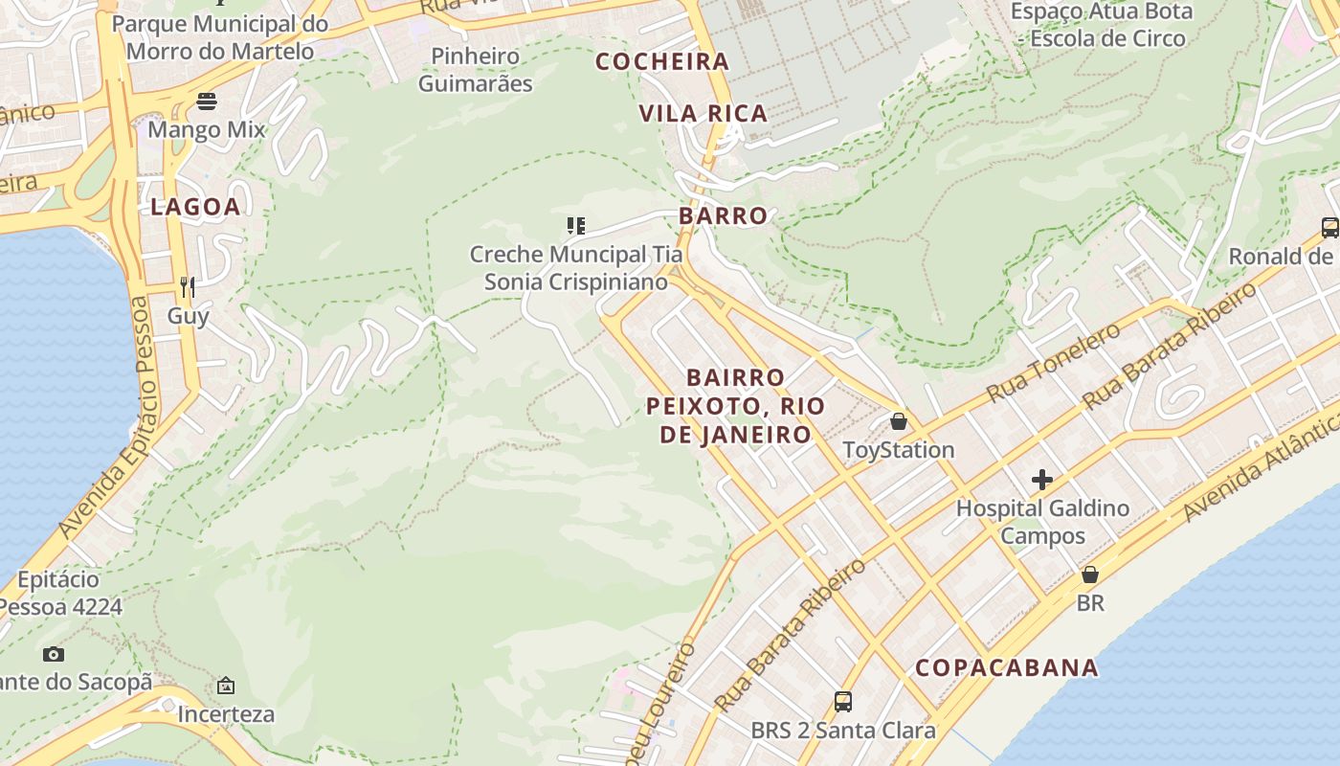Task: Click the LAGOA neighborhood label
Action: (195, 207)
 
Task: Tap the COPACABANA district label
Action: (1006, 667)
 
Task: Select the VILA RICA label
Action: (703, 113)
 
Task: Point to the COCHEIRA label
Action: (662, 61)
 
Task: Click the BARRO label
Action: (723, 215)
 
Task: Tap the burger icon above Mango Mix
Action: (207, 101)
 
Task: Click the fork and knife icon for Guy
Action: (188, 286)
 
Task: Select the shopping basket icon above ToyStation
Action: (898, 421)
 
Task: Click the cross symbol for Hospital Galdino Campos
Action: (1042, 480)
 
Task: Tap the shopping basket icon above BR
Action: (1089, 574)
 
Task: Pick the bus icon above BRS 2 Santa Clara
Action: (842, 702)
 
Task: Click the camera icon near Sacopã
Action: (54, 654)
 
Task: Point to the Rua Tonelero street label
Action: (1053, 362)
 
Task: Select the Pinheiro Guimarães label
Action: (475, 70)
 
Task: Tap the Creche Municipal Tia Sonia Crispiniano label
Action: (575, 268)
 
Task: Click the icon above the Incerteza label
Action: (226, 686)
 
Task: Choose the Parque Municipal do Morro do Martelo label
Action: (220, 37)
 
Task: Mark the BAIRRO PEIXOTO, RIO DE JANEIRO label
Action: (735, 406)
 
